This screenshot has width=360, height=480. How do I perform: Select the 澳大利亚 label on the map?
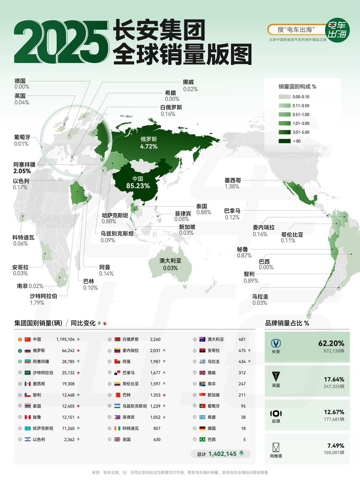pos(171,260)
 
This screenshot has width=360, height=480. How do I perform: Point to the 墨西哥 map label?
pos(232,180)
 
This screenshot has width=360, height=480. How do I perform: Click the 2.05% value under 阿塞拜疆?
pos(22,171)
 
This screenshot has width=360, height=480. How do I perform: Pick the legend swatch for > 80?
pos(284,141)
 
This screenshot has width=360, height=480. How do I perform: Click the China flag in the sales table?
pos(27,339)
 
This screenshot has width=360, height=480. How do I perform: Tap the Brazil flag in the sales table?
pos(202,440)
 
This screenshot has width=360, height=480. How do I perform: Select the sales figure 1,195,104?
pos(65,339)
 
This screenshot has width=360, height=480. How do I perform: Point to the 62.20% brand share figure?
pos(331,343)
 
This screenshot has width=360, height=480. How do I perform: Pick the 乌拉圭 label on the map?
pos(260,296)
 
